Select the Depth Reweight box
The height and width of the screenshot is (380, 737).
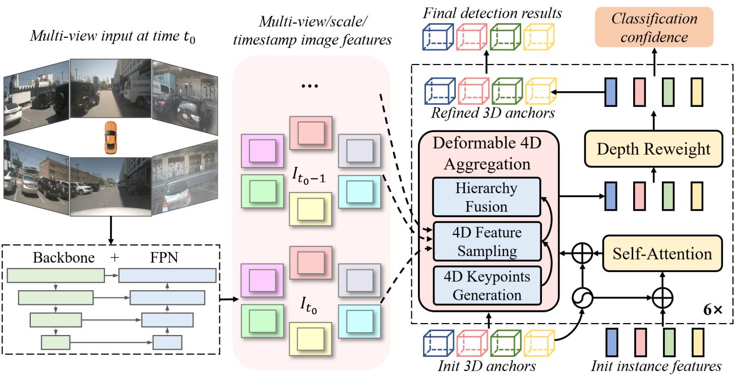pos(654,149)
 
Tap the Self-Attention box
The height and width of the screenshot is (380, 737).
pos(662,253)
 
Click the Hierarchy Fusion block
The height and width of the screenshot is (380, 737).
pos(486,197)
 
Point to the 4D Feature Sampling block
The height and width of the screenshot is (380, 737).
pos(486,242)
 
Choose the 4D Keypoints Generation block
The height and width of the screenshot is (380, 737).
pos(486,286)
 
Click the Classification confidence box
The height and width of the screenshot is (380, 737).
pos(654,28)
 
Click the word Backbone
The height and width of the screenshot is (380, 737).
pos(64,258)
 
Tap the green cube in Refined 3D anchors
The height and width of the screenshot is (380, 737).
pos(507,91)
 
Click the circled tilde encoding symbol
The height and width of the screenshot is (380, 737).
pos(583,298)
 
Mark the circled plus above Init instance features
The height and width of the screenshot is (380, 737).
pos(663,298)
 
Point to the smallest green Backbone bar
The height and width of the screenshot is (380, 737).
pos(55,343)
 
